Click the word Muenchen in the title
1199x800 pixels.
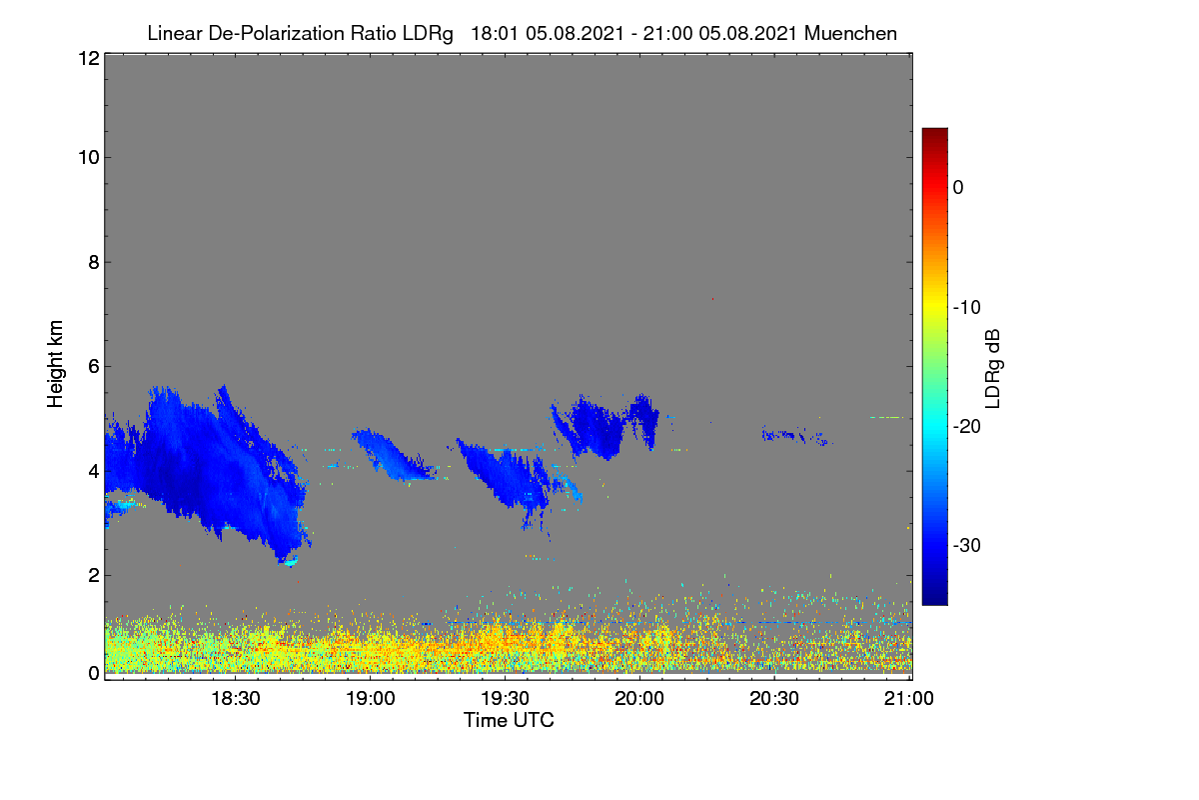click(x=850, y=33)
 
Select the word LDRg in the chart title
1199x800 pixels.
click(x=428, y=34)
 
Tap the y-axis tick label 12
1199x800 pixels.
click(x=89, y=58)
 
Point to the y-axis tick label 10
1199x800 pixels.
click(x=89, y=158)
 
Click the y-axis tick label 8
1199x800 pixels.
click(x=94, y=262)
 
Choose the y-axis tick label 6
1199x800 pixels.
click(x=94, y=367)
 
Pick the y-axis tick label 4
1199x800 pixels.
click(x=94, y=472)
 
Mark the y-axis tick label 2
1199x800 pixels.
click(x=94, y=575)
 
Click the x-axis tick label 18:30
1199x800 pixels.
click(x=236, y=698)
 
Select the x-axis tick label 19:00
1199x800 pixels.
click(x=371, y=698)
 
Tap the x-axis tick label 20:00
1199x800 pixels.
click(x=639, y=698)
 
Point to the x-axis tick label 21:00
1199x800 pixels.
click(x=909, y=698)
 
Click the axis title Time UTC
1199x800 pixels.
click(x=509, y=720)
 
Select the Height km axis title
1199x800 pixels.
click(x=55, y=364)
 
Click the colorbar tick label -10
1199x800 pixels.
click(x=967, y=308)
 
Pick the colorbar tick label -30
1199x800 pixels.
click(x=967, y=545)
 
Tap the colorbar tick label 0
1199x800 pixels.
click(x=958, y=188)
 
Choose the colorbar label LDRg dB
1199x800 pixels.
click(x=992, y=369)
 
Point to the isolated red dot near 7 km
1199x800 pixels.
click(x=712, y=298)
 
